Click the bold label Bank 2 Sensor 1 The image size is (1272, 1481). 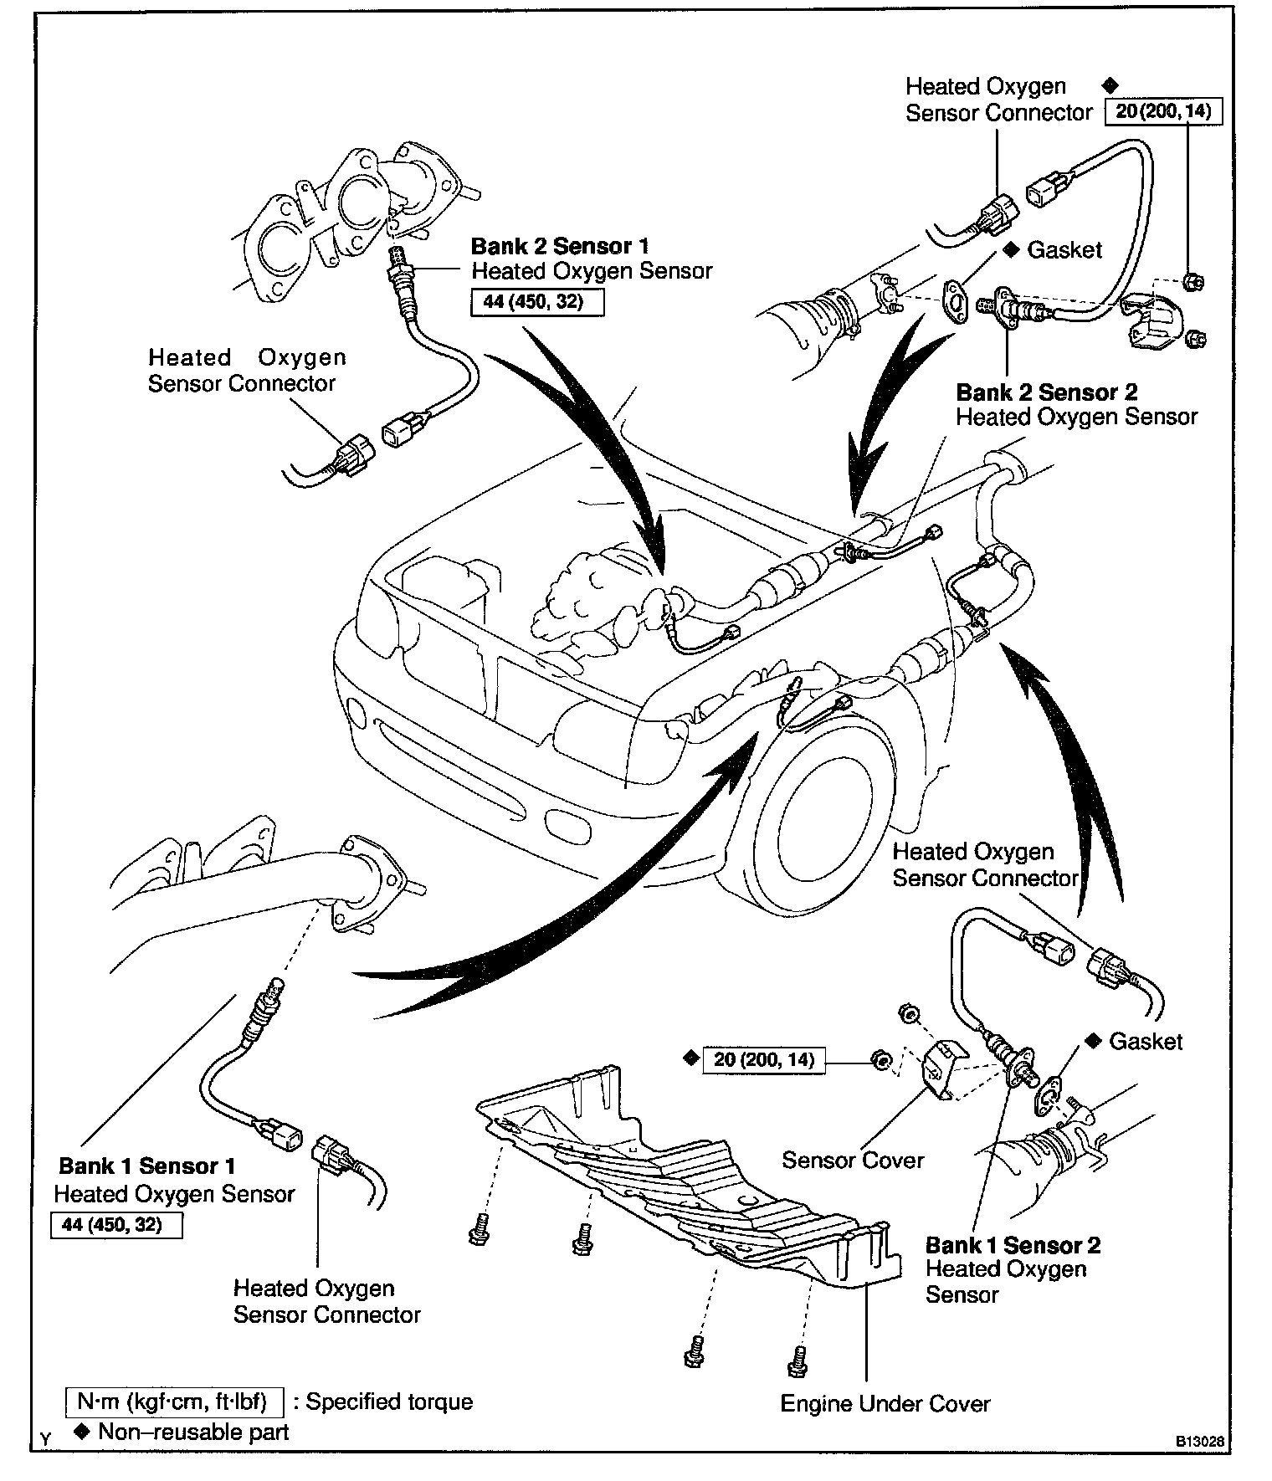[x=559, y=246]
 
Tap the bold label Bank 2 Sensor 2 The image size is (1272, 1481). [x=1046, y=392]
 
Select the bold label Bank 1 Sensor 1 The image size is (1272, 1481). [x=146, y=1166]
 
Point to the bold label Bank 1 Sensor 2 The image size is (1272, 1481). [x=1013, y=1245]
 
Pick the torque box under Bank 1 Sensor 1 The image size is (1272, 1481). [x=116, y=1226]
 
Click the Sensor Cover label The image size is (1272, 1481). [x=852, y=1161]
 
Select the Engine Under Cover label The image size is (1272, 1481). [x=885, y=1403]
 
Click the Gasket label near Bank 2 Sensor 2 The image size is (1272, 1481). [x=1064, y=249]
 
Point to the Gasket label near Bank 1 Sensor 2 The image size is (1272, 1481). [x=1145, y=1042]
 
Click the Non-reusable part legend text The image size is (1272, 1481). [x=192, y=1432]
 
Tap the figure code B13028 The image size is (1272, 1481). [x=1200, y=1442]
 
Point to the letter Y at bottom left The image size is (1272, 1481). [x=45, y=1439]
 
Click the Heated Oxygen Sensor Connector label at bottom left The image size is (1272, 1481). [x=326, y=1301]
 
